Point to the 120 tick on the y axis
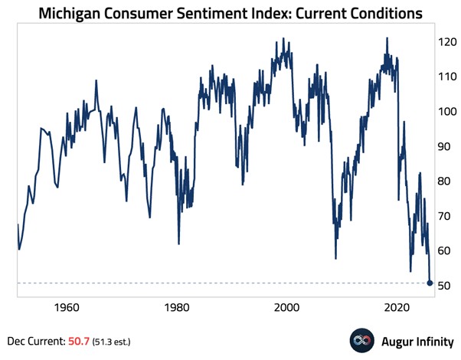pyautogui.click(x=446, y=42)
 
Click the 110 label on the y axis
pyautogui.click(x=446, y=77)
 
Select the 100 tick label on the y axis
pyautogui.click(x=446, y=112)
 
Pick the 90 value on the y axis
pyautogui.click(x=446, y=146)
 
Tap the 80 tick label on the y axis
pyautogui.click(x=446, y=182)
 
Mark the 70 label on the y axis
pyautogui.click(x=446, y=216)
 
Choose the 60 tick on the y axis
pyautogui.click(x=446, y=251)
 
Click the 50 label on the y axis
pyautogui.click(x=446, y=286)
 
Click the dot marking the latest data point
pyautogui.click(x=430, y=283)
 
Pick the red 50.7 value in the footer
pyautogui.click(x=81, y=340)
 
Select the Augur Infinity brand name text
pyautogui.click(x=417, y=340)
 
